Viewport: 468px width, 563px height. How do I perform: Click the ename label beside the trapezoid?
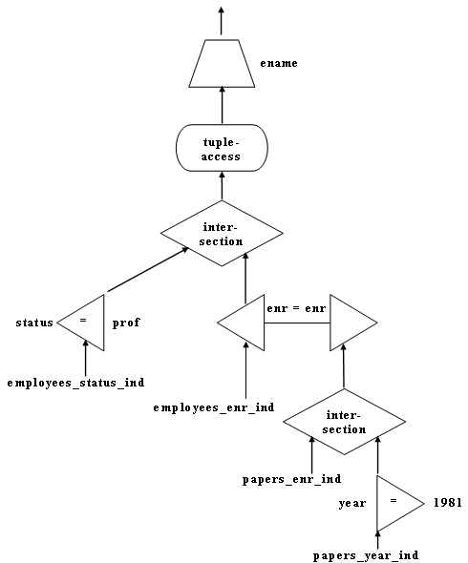click(x=279, y=64)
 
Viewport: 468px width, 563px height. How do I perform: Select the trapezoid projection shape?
click(x=222, y=64)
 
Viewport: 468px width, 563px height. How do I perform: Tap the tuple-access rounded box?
click(x=222, y=148)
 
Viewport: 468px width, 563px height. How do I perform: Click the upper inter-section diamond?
click(x=222, y=234)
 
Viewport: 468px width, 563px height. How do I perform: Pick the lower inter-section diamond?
click(x=345, y=422)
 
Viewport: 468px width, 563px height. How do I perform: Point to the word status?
click(x=34, y=323)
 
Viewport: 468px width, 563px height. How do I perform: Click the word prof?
click(x=126, y=323)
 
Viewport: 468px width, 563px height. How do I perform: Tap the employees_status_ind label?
click(x=75, y=383)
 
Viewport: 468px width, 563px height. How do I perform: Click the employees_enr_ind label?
click(x=214, y=407)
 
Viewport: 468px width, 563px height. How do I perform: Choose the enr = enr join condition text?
click(x=296, y=308)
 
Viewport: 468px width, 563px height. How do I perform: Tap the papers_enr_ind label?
click(x=292, y=480)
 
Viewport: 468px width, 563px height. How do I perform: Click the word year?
click(x=352, y=504)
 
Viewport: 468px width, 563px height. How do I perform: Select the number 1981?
click(x=448, y=502)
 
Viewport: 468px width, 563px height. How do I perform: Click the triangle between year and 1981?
click(x=395, y=504)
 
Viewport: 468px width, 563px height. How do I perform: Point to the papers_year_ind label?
click(x=366, y=555)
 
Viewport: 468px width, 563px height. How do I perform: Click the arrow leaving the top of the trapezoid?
click(x=221, y=20)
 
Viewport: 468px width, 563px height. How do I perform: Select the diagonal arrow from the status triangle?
click(x=148, y=269)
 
